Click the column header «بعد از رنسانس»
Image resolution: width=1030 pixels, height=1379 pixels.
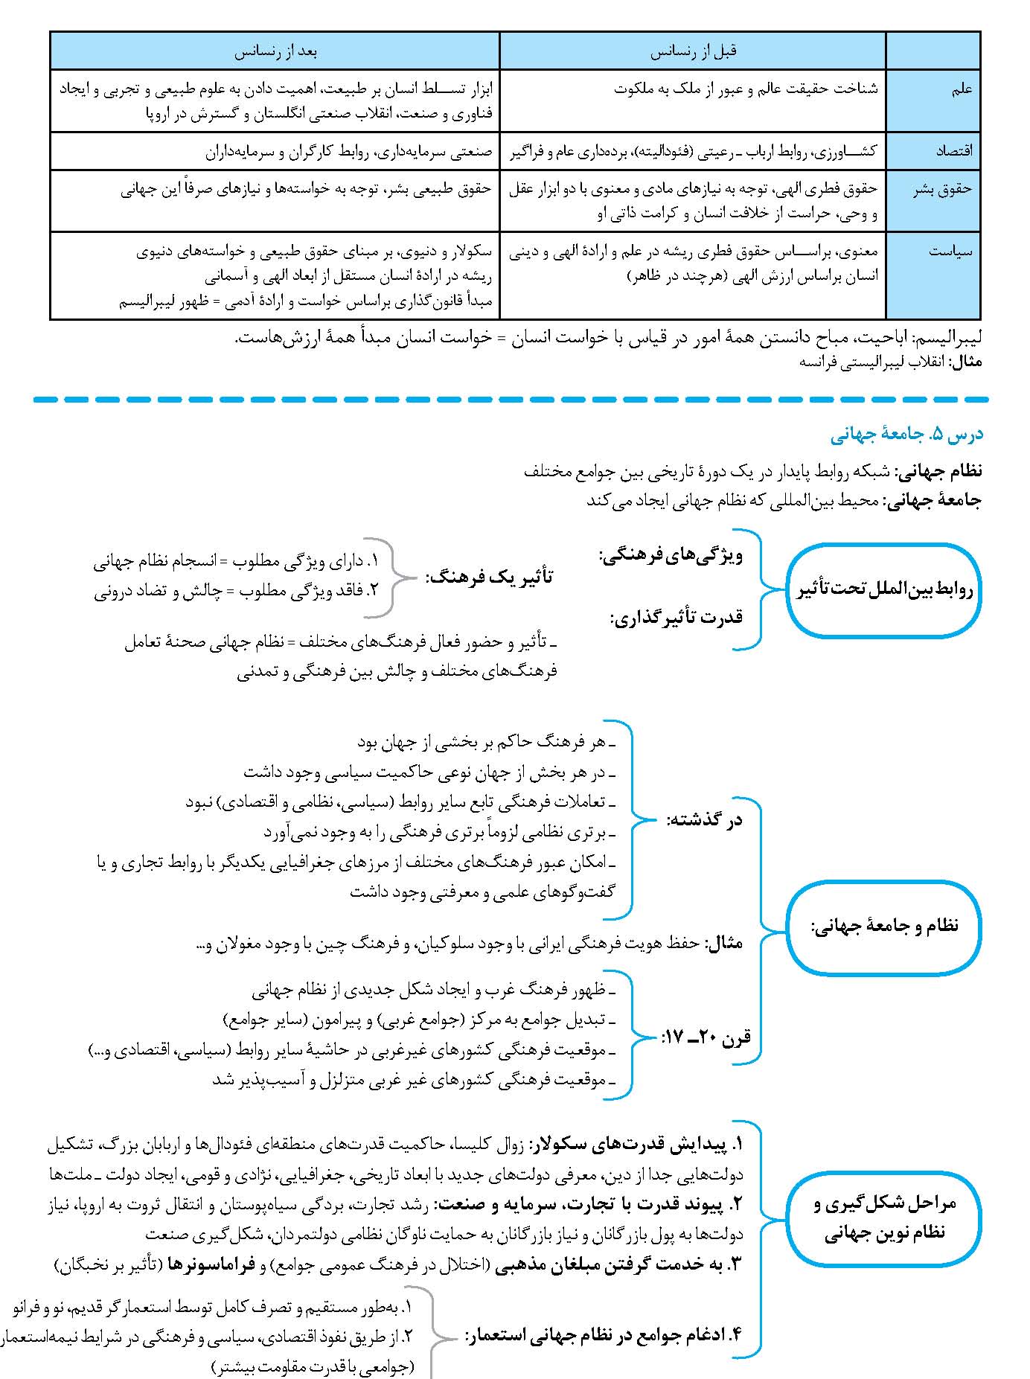click(275, 52)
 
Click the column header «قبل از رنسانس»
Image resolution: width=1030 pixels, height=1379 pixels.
click(693, 52)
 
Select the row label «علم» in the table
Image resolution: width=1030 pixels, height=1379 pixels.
click(962, 89)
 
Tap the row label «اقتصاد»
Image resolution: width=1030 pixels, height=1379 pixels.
click(954, 151)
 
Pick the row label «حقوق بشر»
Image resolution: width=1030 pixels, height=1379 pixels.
click(943, 189)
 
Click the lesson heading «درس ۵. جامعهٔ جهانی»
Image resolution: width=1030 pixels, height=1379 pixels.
click(906, 435)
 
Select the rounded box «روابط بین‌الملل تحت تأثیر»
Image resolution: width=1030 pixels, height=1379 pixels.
click(884, 591)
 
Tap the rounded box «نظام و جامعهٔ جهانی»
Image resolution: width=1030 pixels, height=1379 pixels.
click(884, 927)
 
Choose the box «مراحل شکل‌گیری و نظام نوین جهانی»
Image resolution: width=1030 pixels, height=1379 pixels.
click(884, 1218)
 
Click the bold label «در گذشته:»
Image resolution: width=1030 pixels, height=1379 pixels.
click(704, 820)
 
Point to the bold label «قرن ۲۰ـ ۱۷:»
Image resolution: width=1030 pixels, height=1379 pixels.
click(706, 1035)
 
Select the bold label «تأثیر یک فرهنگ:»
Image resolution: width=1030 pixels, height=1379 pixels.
click(489, 577)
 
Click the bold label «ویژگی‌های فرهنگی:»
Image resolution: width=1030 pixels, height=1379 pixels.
click(671, 556)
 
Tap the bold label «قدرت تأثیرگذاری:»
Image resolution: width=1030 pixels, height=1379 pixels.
click(676, 617)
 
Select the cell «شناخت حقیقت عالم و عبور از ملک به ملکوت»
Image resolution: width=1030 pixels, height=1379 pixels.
click(746, 89)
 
